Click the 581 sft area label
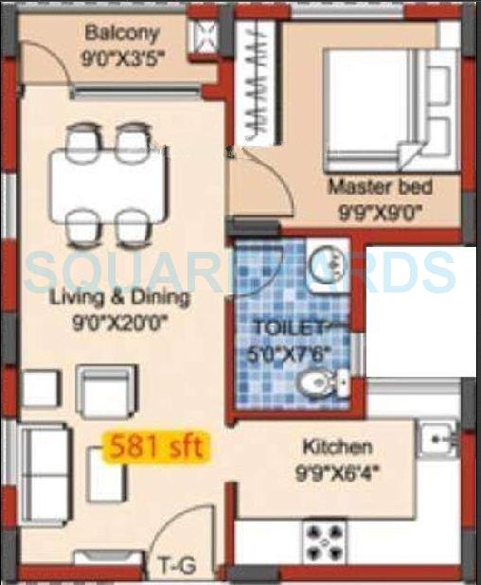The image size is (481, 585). [157, 446]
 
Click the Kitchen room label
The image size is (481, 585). [336, 446]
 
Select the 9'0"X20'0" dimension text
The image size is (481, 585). [119, 320]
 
